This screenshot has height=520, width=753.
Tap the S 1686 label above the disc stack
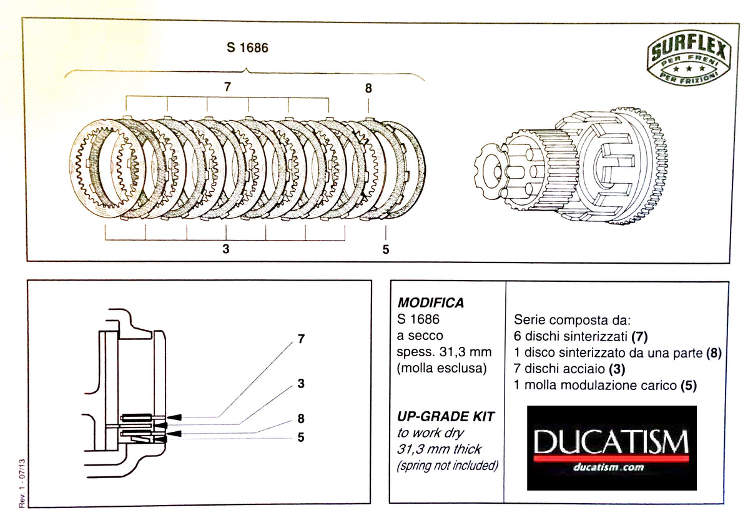coord(248,47)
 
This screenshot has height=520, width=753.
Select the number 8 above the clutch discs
coord(368,88)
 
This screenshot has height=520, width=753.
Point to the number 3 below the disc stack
coord(225,249)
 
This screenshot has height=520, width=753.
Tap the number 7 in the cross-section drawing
coord(301,339)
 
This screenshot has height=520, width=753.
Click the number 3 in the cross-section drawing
coord(301,383)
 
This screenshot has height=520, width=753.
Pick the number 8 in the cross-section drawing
coord(301,419)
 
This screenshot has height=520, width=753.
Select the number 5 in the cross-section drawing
coord(301,437)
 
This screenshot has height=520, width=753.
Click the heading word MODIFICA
coord(430,303)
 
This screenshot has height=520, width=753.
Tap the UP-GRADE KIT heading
coord(438,416)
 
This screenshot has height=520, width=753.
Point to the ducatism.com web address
coord(611,467)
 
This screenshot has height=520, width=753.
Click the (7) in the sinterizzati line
coord(639,337)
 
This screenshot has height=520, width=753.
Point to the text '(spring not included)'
coord(447,466)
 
